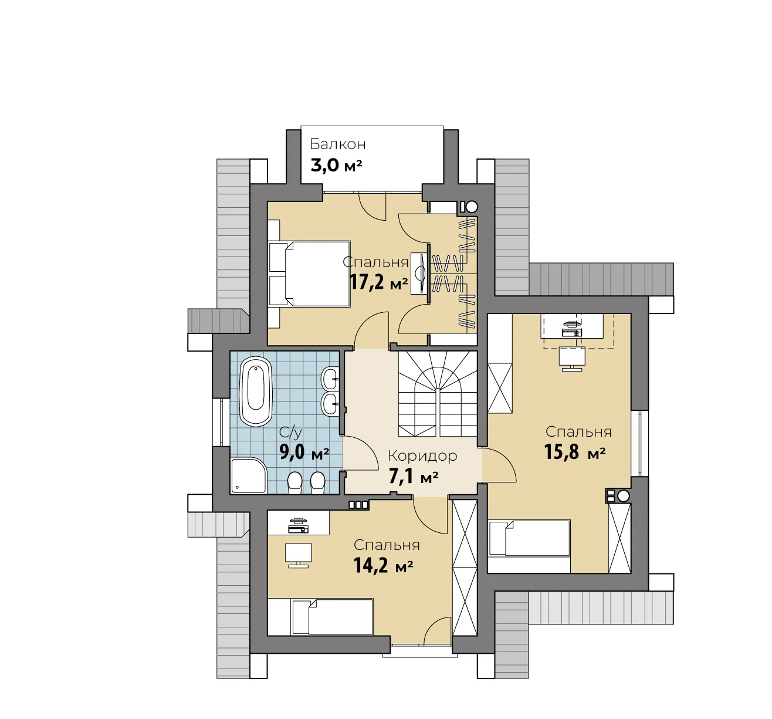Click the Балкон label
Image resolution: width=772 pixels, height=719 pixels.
(x=337, y=144)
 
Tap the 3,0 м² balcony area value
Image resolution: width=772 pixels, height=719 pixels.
(x=336, y=166)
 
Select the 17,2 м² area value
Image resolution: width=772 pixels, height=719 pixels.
(x=379, y=282)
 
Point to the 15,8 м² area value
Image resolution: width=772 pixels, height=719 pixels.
(x=574, y=452)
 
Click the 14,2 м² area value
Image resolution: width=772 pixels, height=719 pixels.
(x=383, y=566)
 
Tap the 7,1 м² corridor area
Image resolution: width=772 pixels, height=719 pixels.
(x=414, y=477)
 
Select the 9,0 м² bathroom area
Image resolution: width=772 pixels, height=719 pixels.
(x=304, y=453)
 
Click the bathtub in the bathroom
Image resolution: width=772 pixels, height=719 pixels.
(x=256, y=392)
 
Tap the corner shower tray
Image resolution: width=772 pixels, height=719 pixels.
(x=249, y=475)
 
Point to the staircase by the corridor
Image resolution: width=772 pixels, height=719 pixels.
(x=438, y=394)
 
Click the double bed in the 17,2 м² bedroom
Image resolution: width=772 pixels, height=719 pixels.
(x=310, y=274)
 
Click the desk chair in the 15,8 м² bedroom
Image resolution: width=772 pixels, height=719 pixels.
(x=572, y=359)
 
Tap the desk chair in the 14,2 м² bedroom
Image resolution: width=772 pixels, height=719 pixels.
(x=298, y=555)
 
